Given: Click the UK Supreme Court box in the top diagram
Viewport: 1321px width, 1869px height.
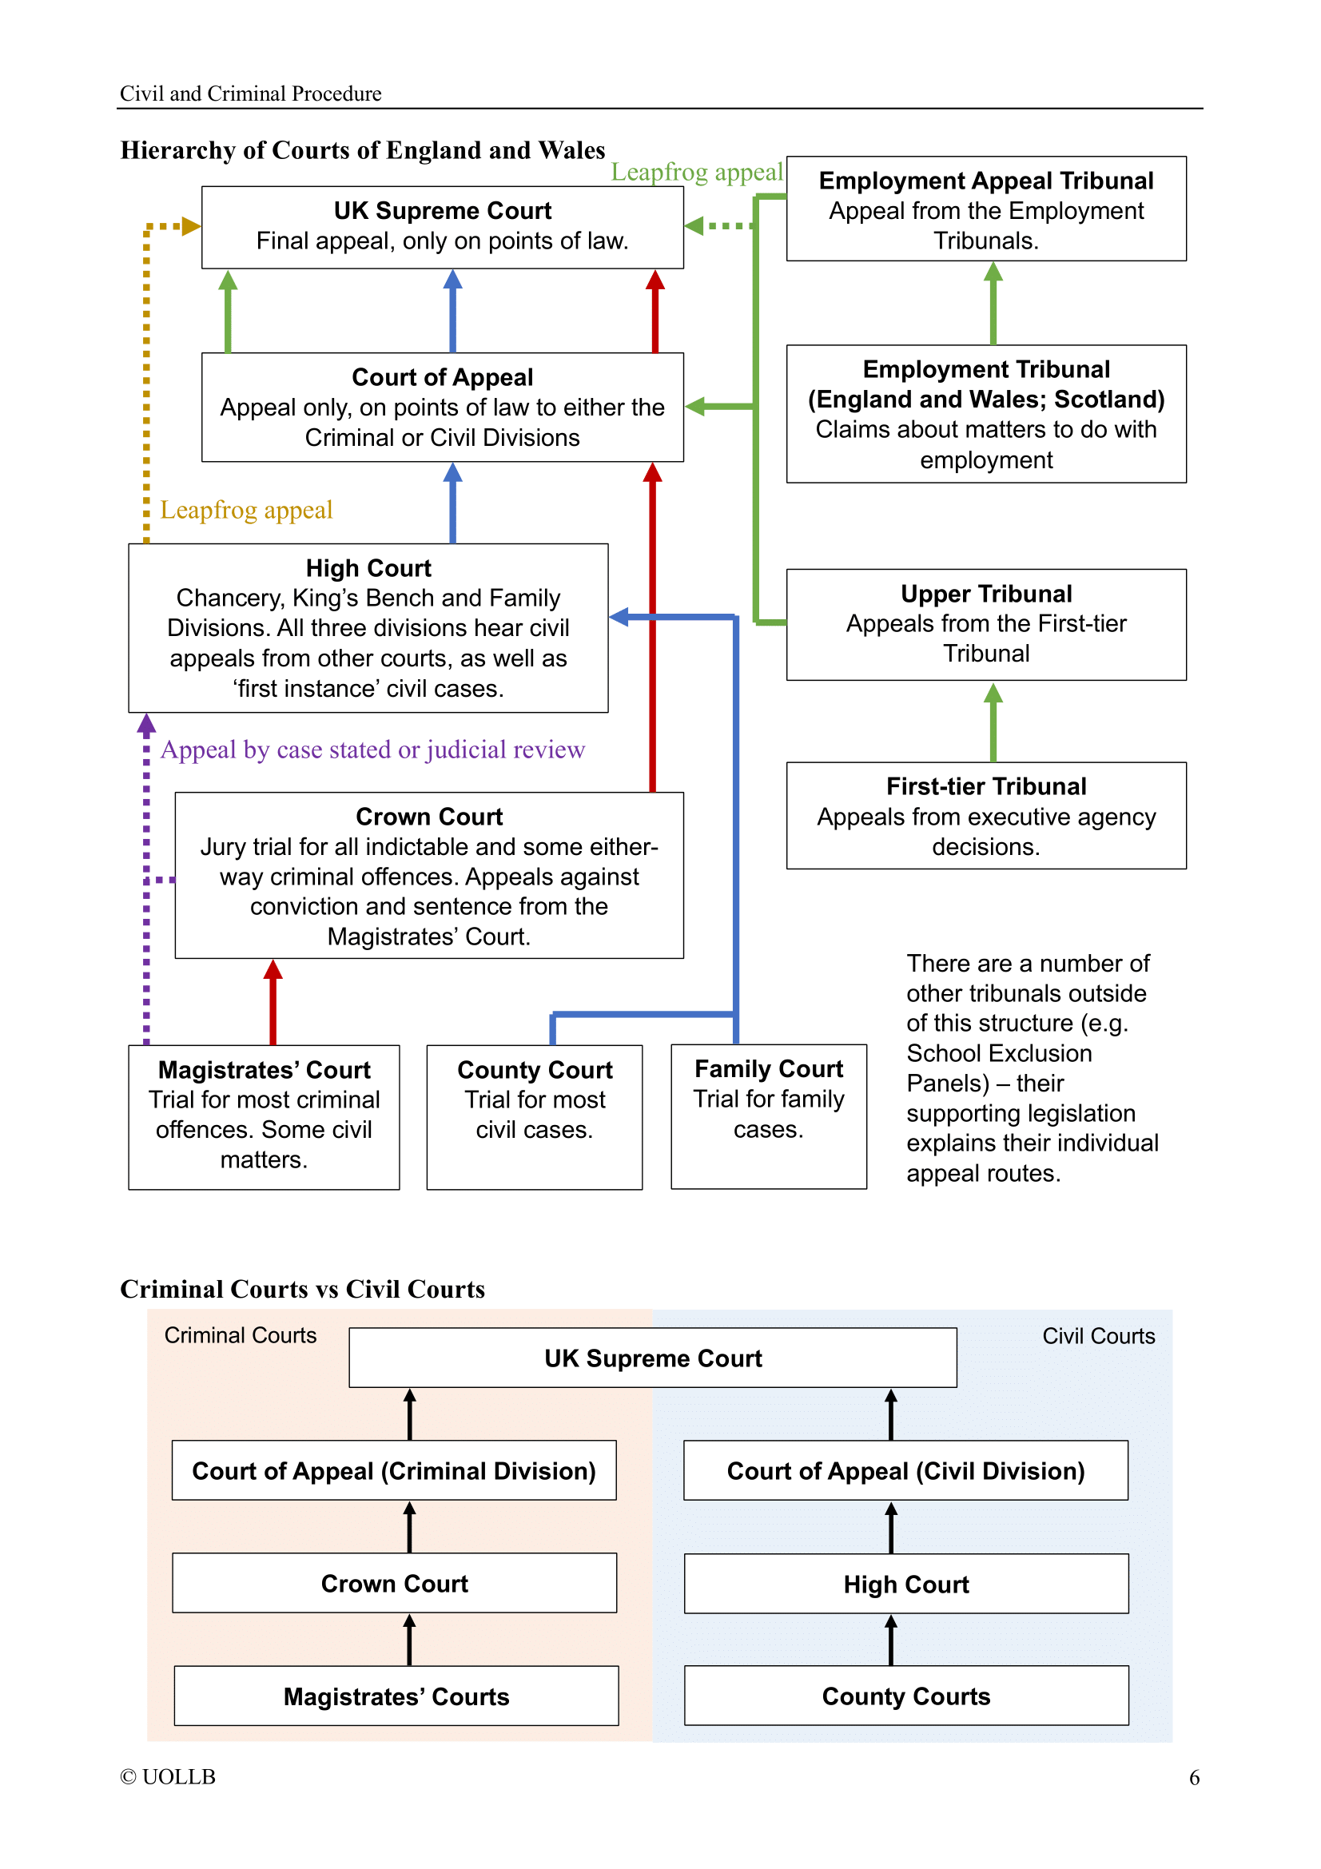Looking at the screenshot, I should tap(442, 227).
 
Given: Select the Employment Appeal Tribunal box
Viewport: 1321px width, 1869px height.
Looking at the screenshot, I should tap(985, 209).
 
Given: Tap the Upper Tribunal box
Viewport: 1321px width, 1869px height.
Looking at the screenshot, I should tap(985, 623).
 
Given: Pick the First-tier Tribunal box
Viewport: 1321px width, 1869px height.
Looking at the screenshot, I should tap(985, 815).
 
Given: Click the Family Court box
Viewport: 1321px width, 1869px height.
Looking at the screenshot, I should tap(768, 1116).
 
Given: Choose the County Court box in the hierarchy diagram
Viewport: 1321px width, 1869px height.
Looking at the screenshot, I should tap(534, 1117).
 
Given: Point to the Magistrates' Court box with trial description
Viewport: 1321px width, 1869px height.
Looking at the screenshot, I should tap(264, 1117).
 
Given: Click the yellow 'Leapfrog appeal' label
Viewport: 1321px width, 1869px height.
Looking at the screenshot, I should tap(246, 510).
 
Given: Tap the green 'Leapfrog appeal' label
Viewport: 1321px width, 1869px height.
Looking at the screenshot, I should tap(697, 172).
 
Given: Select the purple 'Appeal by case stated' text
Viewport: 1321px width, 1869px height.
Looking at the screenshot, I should tap(372, 749).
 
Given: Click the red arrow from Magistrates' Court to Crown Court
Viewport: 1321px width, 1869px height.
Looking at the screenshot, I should tap(273, 1002).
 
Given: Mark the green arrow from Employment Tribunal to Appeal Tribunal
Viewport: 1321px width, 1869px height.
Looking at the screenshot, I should tap(993, 303).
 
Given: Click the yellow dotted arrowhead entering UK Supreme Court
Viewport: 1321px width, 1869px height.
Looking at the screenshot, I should tap(191, 225).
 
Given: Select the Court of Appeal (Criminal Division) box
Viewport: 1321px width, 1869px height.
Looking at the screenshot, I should tap(394, 1470).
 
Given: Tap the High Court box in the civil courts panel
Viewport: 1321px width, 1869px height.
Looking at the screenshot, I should tap(906, 1583).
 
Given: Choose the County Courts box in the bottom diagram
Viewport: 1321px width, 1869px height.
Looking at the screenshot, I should tap(906, 1696).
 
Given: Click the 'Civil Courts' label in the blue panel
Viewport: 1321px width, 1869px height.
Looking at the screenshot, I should tap(1098, 1336).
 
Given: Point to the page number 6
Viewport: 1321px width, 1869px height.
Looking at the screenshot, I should tap(1193, 1777).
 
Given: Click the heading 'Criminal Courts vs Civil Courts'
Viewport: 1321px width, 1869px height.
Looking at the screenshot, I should tap(302, 1289).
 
